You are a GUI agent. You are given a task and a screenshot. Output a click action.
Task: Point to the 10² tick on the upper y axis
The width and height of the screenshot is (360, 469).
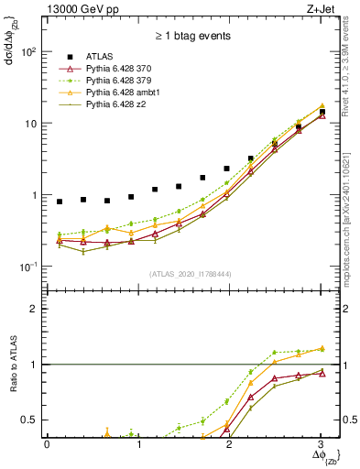[x=27, y=52]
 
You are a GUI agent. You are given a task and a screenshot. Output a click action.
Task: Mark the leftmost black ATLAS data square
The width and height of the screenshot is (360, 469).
[x=60, y=202]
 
